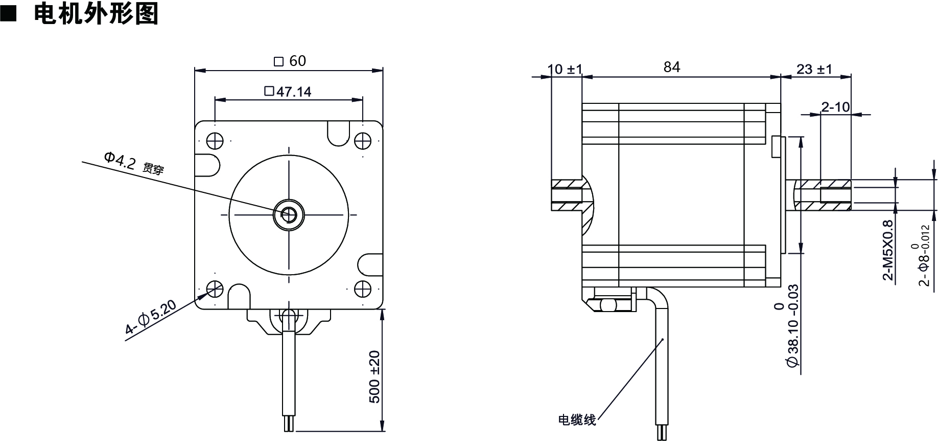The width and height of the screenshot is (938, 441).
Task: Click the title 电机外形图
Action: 96,14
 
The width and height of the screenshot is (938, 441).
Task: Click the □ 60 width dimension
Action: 290,61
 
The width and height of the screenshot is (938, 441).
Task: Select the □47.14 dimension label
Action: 288,92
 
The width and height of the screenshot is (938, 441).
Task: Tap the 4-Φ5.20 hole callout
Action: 151,318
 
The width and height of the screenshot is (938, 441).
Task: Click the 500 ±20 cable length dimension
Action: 374,377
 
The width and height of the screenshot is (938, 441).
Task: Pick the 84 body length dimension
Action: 672,67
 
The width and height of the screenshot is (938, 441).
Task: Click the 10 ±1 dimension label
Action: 565,69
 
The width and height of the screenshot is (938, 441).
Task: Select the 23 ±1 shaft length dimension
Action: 814,69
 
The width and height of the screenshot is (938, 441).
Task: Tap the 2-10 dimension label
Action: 835,106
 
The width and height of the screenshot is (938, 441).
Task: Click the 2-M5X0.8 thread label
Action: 888,250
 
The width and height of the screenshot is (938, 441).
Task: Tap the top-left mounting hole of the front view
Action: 215,141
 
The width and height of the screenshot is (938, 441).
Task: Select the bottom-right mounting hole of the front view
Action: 362,289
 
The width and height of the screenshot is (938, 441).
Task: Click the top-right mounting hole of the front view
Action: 362,141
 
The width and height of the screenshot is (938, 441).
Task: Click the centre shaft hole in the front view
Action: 289,214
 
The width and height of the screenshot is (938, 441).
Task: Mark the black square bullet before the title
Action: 8,14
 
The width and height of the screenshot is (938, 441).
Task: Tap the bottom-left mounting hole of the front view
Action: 215,289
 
